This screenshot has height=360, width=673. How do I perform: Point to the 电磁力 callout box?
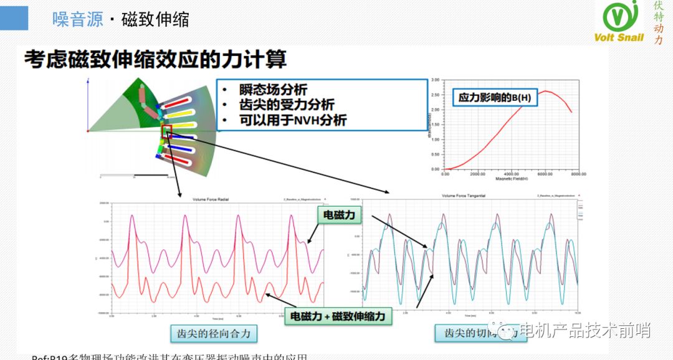[339, 215]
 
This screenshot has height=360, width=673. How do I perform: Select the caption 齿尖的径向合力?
[214, 334]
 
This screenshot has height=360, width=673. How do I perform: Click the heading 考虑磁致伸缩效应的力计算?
[156, 60]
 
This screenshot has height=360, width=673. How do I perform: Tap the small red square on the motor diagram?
[167, 131]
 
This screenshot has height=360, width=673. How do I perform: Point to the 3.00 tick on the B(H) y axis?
[436, 80]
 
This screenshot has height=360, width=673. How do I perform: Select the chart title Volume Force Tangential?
[462, 196]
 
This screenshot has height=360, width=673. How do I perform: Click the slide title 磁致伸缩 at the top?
[155, 20]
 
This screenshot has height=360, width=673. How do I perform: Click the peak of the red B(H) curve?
[547, 92]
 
